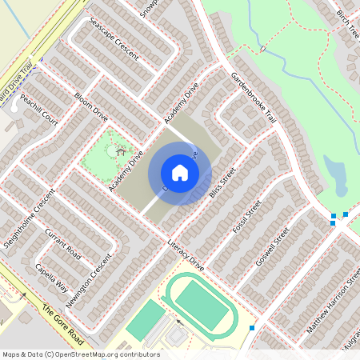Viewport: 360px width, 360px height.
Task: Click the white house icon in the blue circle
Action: coord(180,173)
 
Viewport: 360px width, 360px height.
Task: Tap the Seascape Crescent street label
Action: coord(113,39)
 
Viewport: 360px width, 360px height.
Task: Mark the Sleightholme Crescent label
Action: coord(30,218)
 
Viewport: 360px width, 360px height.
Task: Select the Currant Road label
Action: coord(64,242)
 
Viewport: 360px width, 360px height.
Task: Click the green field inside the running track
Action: coord(201,305)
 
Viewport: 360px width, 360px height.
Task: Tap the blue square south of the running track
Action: coord(252,328)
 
